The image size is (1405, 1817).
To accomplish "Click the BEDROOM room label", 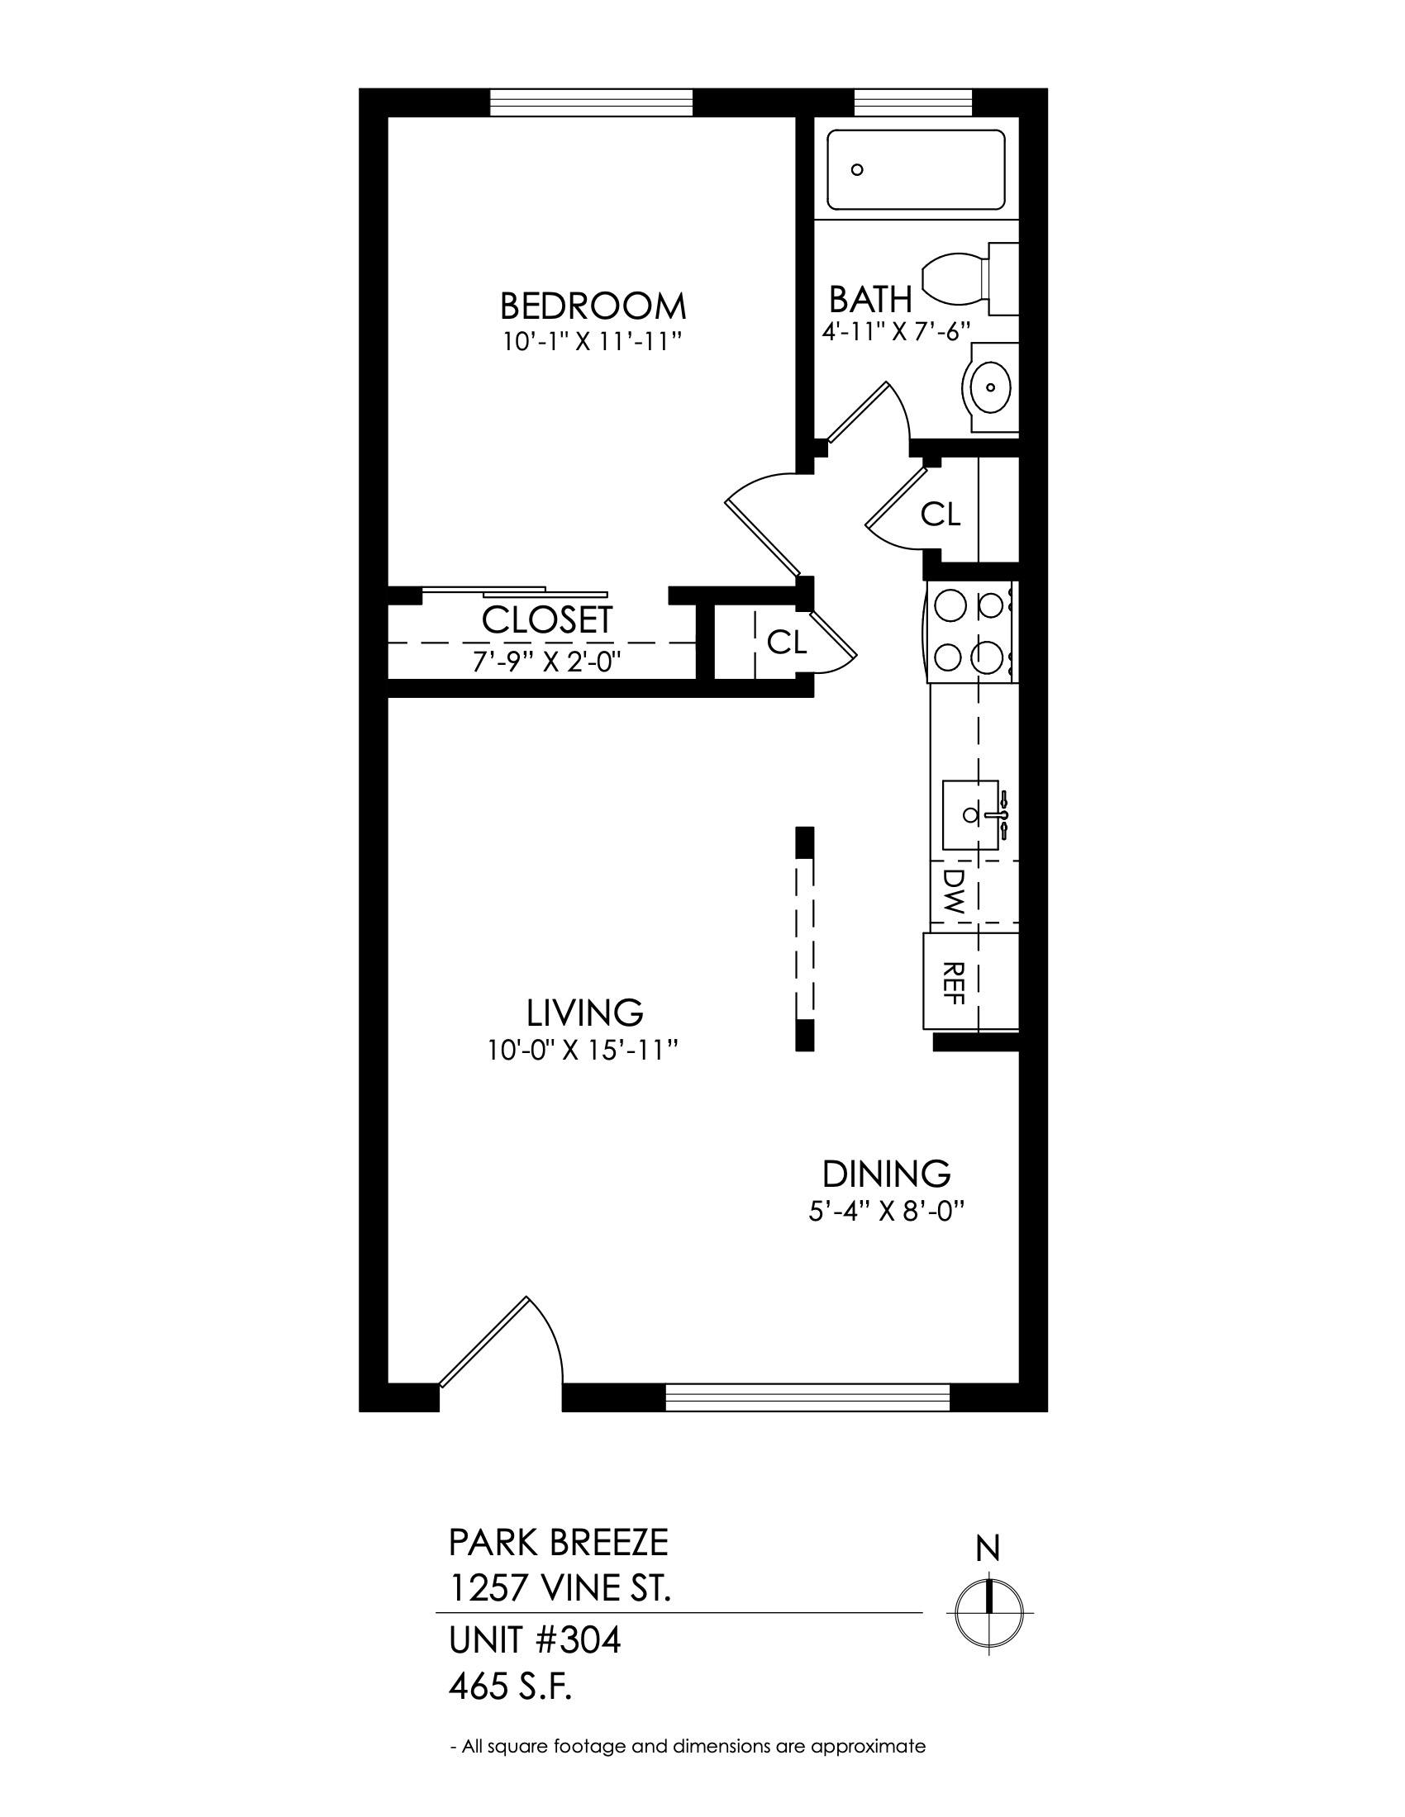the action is click(593, 306).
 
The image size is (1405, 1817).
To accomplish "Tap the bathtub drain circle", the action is click(857, 169).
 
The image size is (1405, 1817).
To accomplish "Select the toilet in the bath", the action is click(970, 278).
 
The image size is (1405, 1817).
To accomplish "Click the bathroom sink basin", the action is click(990, 387).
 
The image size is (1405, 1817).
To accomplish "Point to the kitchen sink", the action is click(970, 815).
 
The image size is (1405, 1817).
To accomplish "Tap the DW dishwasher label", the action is click(953, 892).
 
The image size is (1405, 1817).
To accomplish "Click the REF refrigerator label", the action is click(954, 983).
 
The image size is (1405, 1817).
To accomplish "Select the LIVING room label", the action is click(585, 1013).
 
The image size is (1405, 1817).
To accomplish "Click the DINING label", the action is click(887, 1174).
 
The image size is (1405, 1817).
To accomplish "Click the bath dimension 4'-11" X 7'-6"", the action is click(897, 331).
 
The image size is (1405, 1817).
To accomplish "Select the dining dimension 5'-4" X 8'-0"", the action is click(887, 1210).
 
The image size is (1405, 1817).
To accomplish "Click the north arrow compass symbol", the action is click(988, 1600).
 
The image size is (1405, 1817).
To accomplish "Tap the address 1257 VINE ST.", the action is click(560, 1589).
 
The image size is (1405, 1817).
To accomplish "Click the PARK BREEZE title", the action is click(559, 1543).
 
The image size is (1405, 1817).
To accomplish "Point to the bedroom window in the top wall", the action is click(591, 102).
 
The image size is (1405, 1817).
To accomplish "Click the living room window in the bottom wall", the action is click(807, 1397).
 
